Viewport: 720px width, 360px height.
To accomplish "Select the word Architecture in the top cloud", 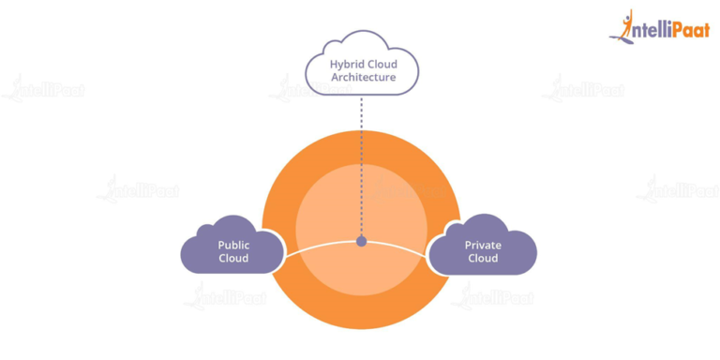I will point(363,77).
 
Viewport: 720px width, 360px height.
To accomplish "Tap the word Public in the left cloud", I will point(233,245).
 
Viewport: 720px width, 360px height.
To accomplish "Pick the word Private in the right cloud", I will point(483,245).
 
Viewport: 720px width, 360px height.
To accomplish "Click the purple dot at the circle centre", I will point(361,241).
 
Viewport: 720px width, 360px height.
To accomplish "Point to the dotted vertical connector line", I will point(361,159).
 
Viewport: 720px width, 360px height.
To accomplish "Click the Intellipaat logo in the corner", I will point(660,27).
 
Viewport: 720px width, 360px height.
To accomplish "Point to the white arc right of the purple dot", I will point(403,246).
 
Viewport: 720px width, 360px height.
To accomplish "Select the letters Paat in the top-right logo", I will point(689,30).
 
